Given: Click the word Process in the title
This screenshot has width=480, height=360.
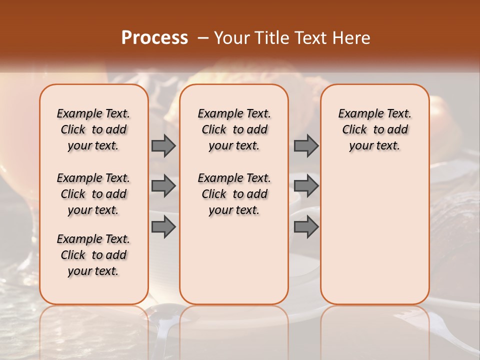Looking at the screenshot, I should (154, 38).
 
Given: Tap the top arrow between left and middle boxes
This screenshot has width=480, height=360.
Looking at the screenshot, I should (163, 145).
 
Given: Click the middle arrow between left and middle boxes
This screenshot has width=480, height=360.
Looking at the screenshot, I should (163, 186).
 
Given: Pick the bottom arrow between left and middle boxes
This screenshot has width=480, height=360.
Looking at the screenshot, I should (163, 227).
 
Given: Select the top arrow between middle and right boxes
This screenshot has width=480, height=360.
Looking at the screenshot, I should (306, 145).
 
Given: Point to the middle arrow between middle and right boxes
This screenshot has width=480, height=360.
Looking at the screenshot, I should (306, 186).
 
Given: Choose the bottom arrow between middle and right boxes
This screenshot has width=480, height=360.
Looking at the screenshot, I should (306, 227).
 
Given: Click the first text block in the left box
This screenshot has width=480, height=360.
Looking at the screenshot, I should (93, 129).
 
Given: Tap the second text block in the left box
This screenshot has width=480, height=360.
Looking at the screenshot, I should (93, 194).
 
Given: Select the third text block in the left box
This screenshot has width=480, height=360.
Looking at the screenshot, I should (93, 255).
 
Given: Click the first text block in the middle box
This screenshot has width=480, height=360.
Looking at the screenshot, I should (234, 129).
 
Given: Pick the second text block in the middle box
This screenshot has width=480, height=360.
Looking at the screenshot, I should (234, 194).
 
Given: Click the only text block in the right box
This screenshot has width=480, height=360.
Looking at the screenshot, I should (374, 129).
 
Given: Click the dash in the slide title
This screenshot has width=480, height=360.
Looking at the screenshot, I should (203, 38).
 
